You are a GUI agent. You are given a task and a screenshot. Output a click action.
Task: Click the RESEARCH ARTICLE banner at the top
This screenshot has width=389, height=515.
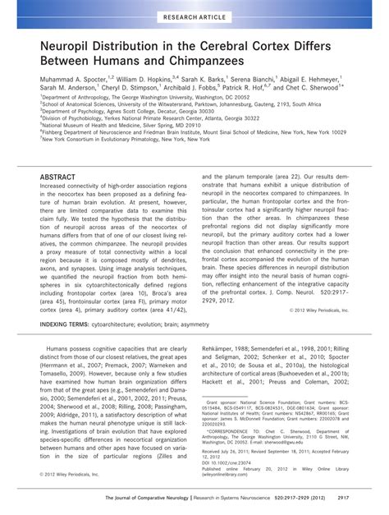(x=194, y=15)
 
